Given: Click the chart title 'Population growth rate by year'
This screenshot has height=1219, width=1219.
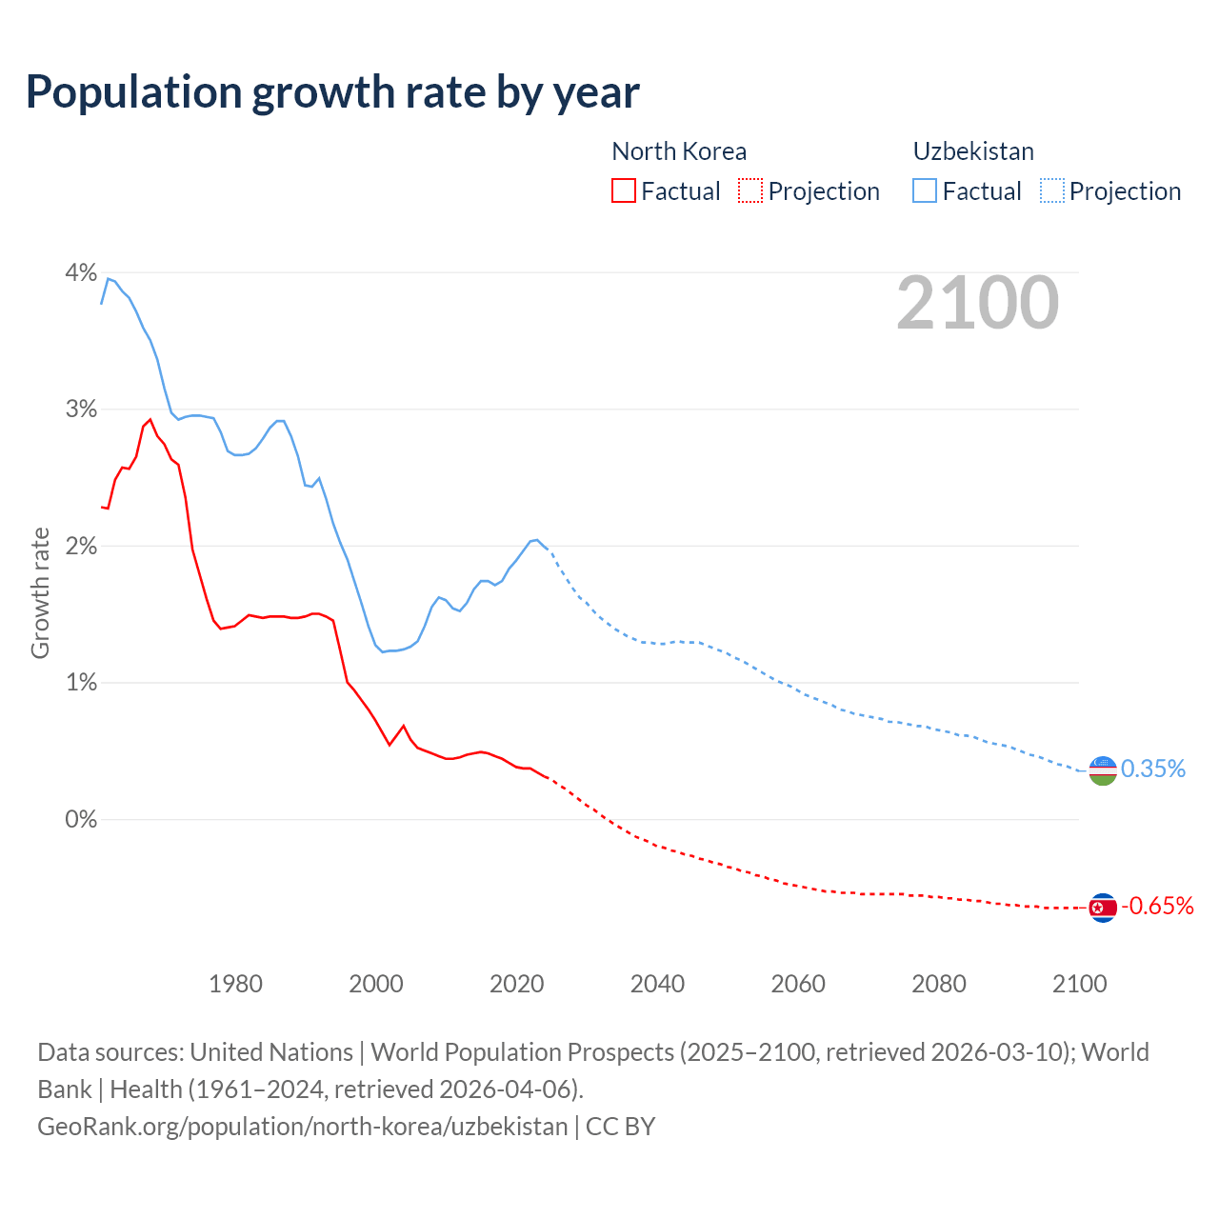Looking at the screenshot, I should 332,92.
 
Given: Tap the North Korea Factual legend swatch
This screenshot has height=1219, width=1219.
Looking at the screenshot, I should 623,191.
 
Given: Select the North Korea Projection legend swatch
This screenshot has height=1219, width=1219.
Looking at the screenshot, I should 750,191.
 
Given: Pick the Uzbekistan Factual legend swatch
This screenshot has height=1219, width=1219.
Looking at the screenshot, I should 925,191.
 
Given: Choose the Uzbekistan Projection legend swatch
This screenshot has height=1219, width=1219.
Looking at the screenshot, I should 1052,191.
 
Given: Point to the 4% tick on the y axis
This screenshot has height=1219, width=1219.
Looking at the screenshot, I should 81,273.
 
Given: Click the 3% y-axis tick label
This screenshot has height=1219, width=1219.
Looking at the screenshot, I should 81,410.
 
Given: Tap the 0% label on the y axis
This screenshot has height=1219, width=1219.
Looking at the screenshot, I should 81,820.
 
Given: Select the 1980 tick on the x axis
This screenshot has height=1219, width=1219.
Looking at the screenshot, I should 235,984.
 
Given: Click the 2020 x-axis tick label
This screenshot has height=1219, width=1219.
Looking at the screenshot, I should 516,984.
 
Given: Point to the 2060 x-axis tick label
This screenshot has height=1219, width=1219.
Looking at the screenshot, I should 798,984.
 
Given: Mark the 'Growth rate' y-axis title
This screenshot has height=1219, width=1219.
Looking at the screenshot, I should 40,592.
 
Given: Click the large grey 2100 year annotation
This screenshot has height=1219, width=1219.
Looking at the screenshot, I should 977,303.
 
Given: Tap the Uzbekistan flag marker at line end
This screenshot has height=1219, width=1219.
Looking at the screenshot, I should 1102,770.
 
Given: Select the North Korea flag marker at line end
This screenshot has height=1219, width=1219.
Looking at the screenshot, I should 1102,908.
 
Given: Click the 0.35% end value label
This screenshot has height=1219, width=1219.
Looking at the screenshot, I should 1153,769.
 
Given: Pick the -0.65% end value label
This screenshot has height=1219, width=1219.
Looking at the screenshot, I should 1157,907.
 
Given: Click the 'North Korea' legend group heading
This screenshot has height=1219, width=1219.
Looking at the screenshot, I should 679,151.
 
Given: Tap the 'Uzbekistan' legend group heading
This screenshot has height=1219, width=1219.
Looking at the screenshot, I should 973,151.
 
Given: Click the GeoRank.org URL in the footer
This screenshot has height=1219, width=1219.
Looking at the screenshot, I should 302,1127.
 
